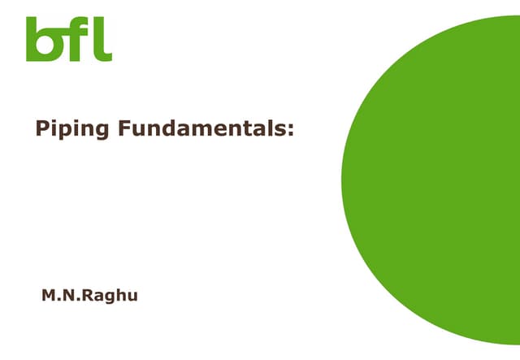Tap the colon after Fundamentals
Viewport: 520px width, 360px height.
(290, 130)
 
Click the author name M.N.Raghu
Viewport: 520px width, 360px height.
(89, 295)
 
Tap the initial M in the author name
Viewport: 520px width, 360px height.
(49, 295)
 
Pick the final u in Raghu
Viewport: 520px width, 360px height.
(132, 296)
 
